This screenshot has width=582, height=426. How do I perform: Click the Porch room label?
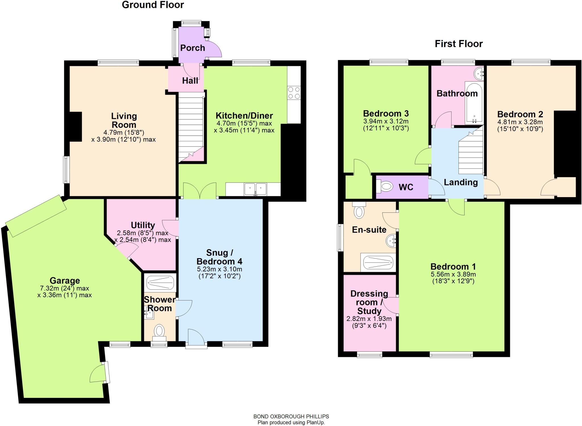coord(192,48)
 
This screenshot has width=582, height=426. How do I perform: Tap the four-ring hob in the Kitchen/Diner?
coord(294,93)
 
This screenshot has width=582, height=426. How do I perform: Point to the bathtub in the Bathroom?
coord(474,103)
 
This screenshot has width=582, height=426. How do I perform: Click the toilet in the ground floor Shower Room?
coord(159,332)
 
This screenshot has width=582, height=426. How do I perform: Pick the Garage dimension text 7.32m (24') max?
coord(65,288)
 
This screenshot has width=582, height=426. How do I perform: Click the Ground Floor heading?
coord(153,5)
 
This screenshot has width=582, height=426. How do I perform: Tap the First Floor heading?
coord(459,44)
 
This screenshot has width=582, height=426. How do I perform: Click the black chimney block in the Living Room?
coord(76,127)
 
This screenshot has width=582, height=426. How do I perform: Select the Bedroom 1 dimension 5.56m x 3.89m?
coord(453,274)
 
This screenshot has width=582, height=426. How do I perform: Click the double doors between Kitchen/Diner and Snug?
coord(200,191)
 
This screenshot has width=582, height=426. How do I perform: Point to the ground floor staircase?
coord(191,128)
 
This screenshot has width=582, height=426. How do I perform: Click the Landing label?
coord(461,182)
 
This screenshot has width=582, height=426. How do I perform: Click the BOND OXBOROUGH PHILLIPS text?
coord(291,416)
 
